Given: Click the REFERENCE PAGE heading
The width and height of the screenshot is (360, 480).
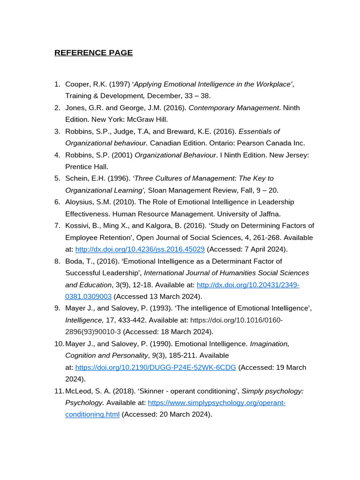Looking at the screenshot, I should pos(93,52).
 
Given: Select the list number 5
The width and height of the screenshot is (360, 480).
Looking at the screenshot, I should pos(57,179).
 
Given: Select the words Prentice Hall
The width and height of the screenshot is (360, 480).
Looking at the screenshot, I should pos(87,166).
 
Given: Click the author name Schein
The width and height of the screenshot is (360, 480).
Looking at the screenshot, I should pos(77,179).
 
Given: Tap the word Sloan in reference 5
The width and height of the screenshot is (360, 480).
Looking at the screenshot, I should pos(157,190).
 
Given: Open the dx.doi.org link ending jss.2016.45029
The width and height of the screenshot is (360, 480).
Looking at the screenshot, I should pos(140,249).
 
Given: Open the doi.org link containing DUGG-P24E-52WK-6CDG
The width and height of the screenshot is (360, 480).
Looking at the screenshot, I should pos(156,367).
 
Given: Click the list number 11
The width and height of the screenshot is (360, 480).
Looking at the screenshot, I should pos(58,391).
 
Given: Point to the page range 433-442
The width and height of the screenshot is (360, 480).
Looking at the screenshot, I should pos(132,320).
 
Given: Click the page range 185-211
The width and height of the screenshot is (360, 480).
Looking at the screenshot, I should pos(183,355).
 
